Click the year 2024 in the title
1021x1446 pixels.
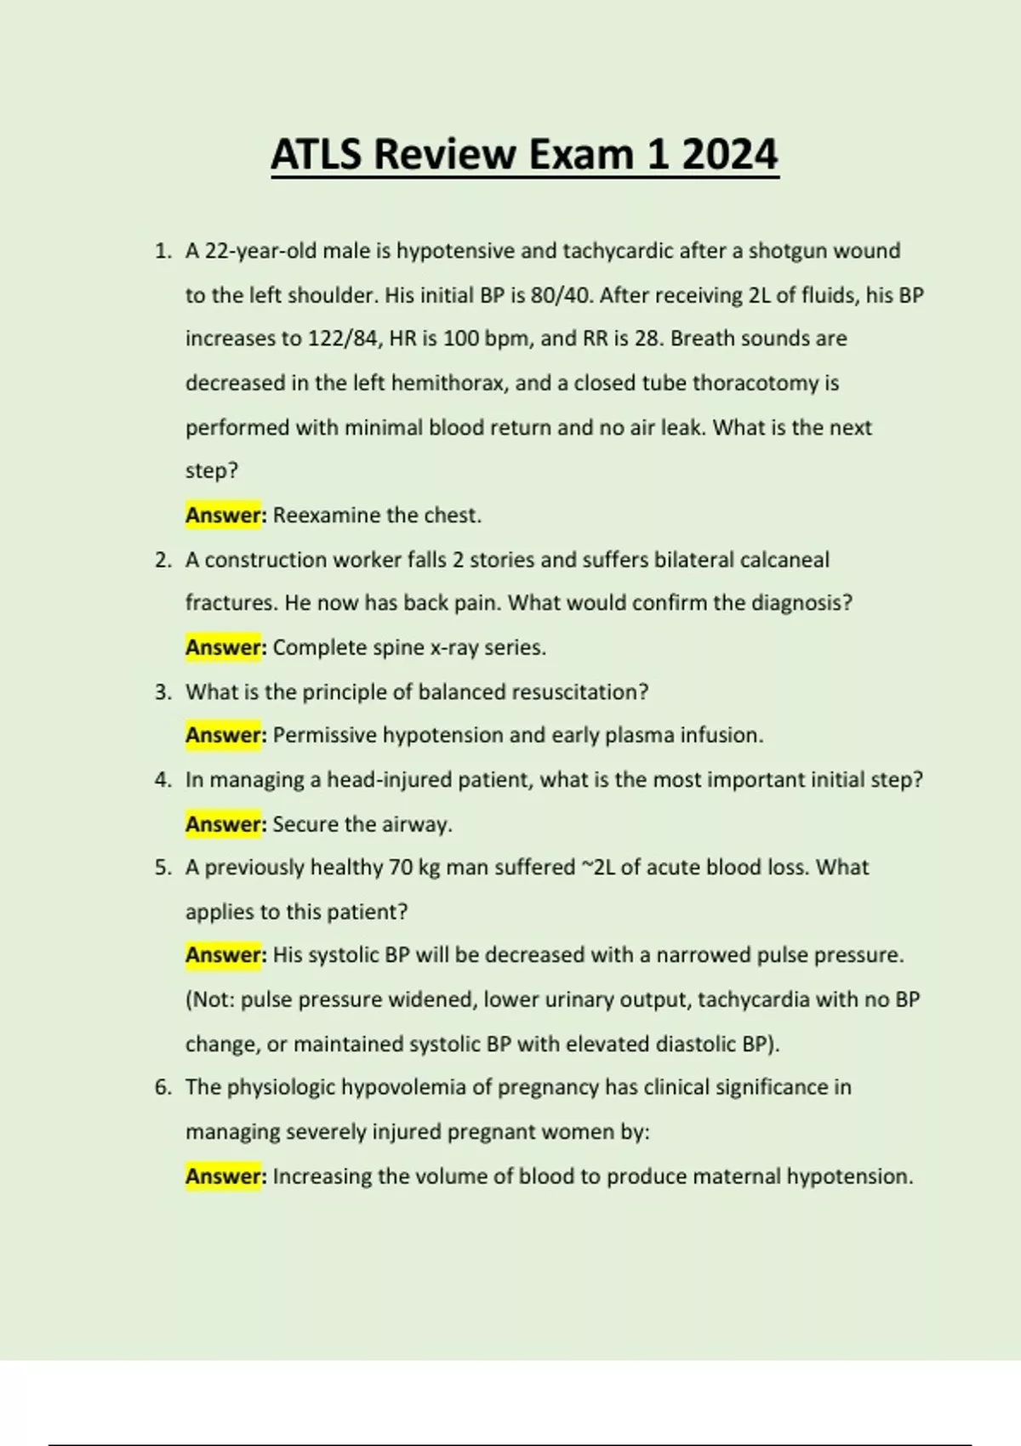pyautogui.click(x=729, y=155)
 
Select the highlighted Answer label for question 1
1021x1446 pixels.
pyautogui.click(x=223, y=515)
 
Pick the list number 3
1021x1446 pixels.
pyautogui.click(x=163, y=692)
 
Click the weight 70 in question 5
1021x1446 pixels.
pyautogui.click(x=400, y=868)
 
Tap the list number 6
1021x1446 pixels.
pyautogui.click(x=163, y=1087)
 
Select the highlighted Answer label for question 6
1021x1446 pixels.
pyautogui.click(x=223, y=1176)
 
